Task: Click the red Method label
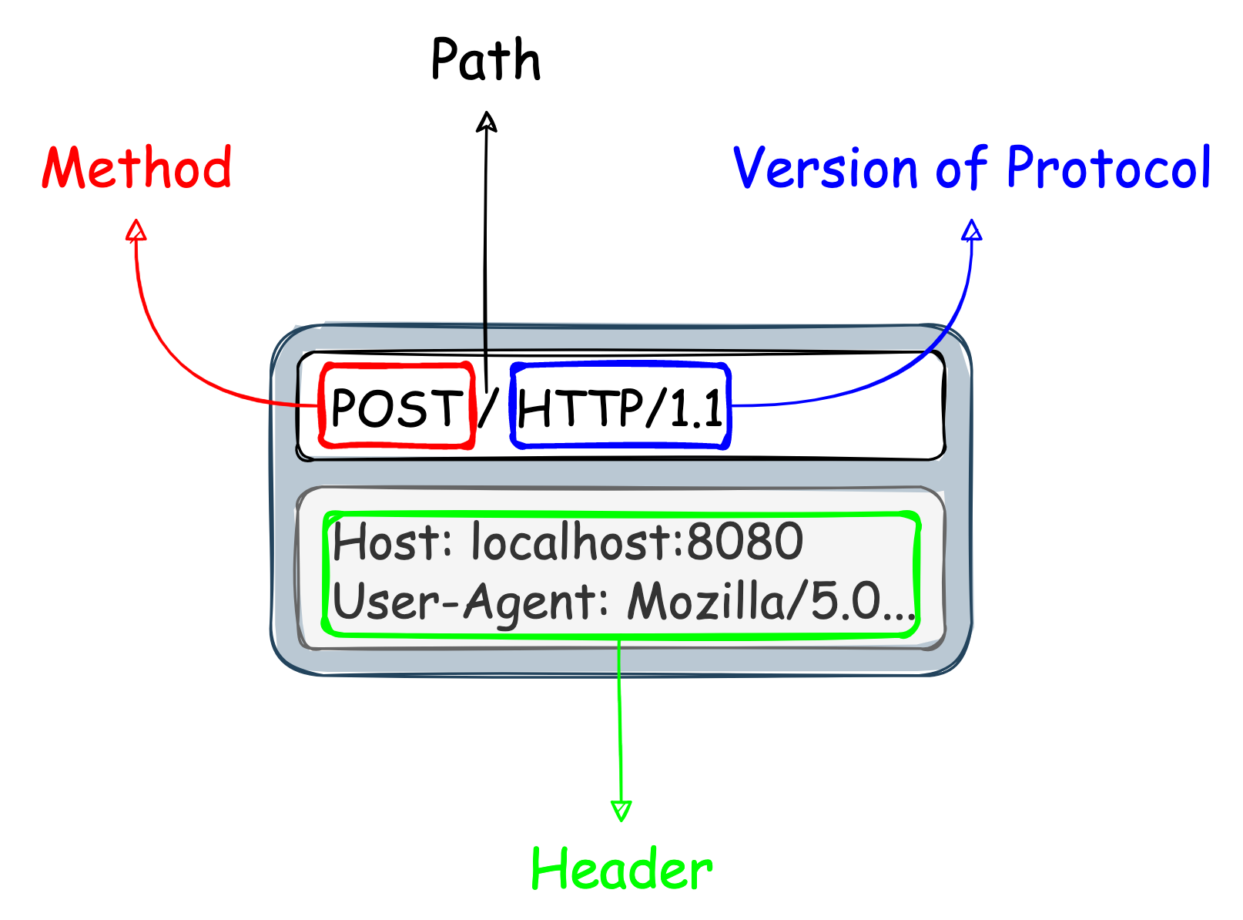pos(137,168)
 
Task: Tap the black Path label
pos(486,60)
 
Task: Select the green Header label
pos(621,869)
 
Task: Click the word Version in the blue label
pos(825,168)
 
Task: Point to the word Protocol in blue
pos(1108,167)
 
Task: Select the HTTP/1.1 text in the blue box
pos(621,407)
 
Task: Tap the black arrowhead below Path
pos(487,122)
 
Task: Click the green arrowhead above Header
pos(621,811)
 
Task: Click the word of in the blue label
pos(961,168)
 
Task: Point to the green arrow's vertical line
pos(620,724)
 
